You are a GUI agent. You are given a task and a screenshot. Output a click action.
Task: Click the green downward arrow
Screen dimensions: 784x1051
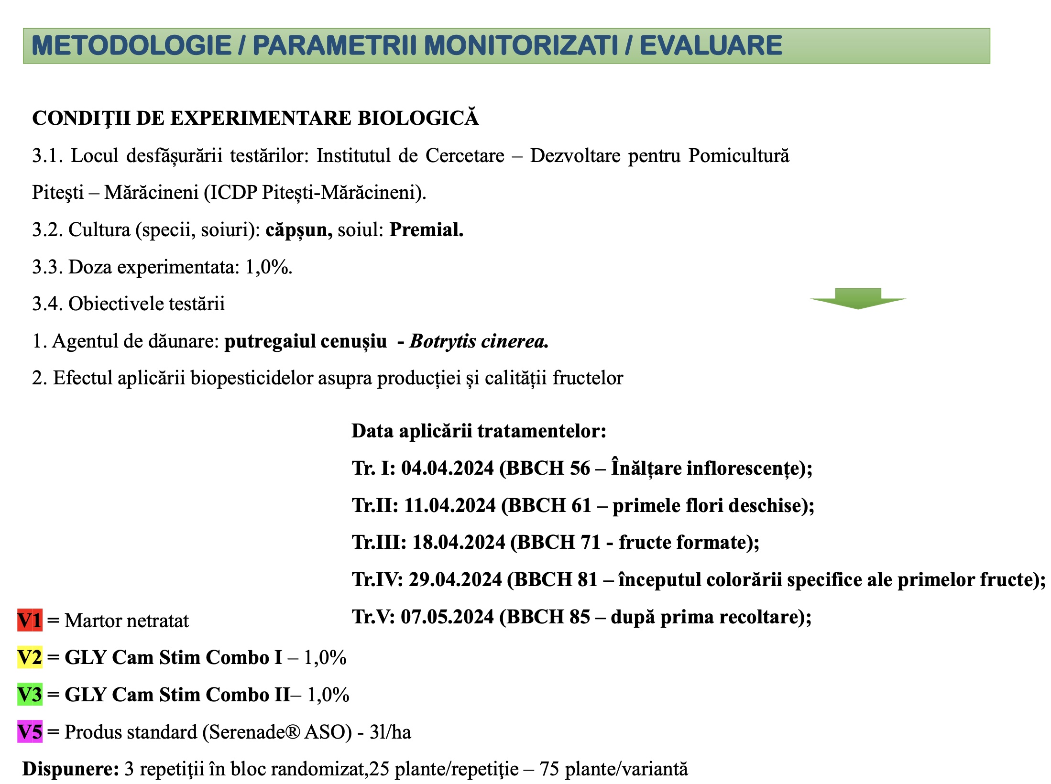pos(858,299)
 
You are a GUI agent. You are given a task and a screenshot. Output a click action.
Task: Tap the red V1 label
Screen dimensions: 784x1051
pos(30,621)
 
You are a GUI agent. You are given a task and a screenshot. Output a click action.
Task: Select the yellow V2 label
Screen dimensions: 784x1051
pos(30,657)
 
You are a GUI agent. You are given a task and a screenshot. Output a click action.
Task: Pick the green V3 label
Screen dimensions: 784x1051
pos(30,695)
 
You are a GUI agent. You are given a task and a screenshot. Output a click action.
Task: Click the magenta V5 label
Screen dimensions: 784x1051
pos(30,732)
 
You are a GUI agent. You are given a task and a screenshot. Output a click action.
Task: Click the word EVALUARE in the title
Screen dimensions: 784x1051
pos(711,46)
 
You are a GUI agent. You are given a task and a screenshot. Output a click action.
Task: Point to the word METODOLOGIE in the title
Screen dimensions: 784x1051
pos(131,46)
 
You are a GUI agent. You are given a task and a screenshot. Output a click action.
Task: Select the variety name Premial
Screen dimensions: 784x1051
pos(426,230)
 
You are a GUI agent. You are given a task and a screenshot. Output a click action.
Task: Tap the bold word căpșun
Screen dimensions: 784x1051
pos(299,230)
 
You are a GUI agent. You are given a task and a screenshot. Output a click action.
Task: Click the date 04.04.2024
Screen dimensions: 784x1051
pos(447,468)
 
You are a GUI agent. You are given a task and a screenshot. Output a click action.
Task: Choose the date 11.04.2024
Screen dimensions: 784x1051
pos(450,506)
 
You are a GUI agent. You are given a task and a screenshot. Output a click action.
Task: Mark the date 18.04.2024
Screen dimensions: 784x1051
pos(459,543)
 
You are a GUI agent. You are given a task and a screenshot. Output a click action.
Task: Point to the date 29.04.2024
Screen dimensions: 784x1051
pos(455,580)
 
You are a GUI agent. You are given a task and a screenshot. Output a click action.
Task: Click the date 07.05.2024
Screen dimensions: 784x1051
pos(447,617)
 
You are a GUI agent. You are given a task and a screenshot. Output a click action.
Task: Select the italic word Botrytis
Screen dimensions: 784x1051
pos(443,341)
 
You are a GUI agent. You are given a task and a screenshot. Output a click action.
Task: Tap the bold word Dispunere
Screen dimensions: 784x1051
pos(70,769)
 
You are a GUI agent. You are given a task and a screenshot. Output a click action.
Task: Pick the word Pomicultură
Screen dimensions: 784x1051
pos(739,156)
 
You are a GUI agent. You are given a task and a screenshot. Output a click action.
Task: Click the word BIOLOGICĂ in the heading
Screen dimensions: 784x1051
pos(418,119)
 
